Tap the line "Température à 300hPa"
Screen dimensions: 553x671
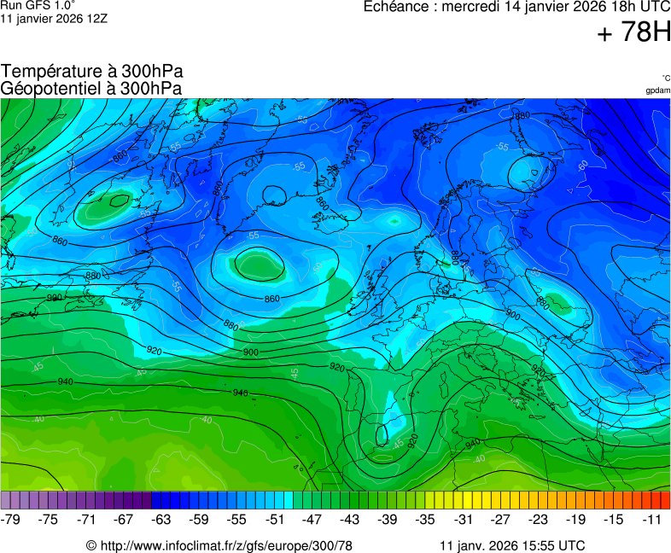pyautogui.click(x=92, y=72)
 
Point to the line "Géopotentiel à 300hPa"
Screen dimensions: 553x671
pyautogui.click(x=91, y=87)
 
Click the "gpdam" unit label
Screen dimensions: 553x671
pyautogui.click(x=657, y=90)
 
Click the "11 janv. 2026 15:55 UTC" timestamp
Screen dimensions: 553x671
pyautogui.click(x=511, y=545)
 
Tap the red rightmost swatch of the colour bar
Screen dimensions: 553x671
pyautogui.click(x=665, y=500)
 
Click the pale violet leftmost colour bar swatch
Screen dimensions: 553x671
pyautogui.click(x=6, y=500)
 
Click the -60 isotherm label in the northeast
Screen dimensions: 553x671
pyautogui.click(x=582, y=165)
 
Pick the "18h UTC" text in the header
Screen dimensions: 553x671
pyautogui.click(x=632, y=7)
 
